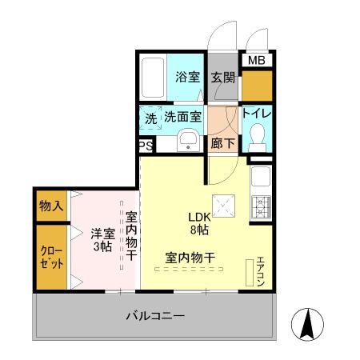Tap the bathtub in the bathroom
click(152, 78)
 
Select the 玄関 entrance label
click(222, 78)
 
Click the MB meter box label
click(256, 61)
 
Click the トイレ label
click(258, 114)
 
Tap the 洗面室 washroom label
click(183, 116)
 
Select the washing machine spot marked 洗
click(151, 117)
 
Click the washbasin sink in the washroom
click(188, 141)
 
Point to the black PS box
click(146, 146)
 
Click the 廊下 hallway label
click(222, 144)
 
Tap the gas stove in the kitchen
click(261, 208)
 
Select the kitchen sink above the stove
click(261, 176)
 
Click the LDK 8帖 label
click(198, 223)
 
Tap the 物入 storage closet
click(51, 206)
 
